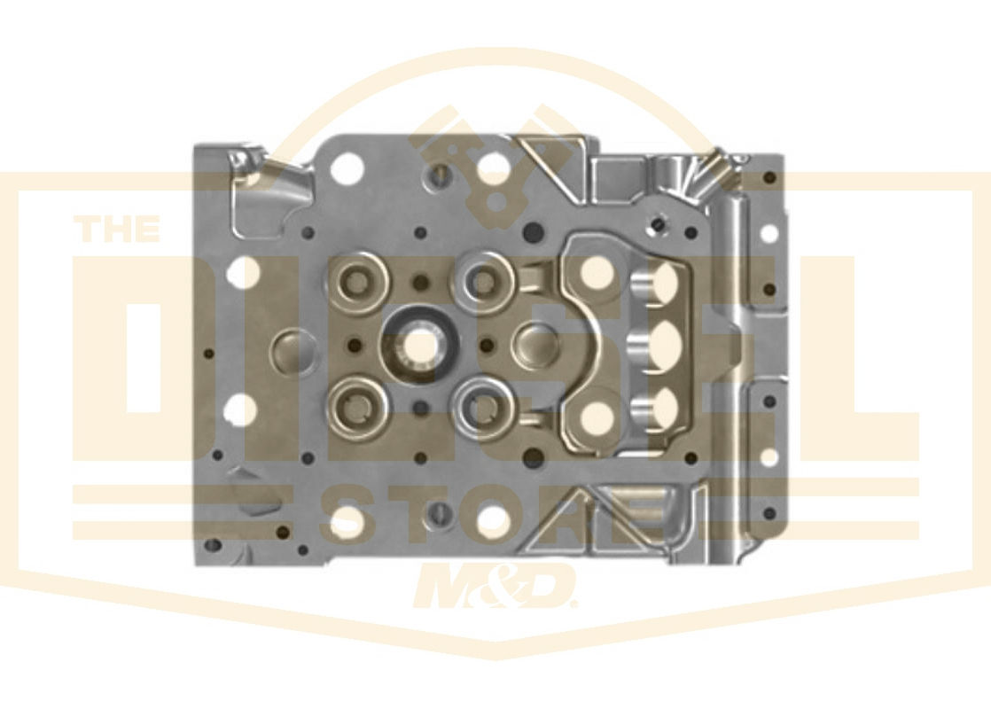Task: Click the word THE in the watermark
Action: coord(117,228)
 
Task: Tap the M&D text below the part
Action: coord(495,586)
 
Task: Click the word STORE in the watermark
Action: coord(495,516)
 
